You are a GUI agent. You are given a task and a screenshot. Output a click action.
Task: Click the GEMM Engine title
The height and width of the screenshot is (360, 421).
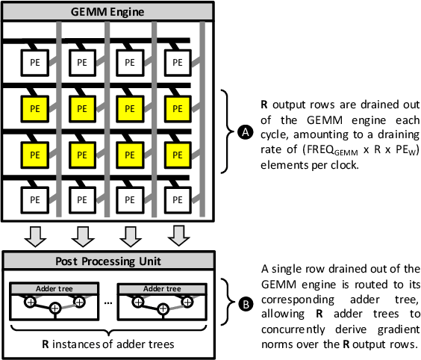108,11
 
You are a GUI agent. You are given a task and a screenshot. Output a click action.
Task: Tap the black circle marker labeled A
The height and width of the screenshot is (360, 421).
243,132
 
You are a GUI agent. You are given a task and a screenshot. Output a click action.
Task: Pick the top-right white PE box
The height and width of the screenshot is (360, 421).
177,63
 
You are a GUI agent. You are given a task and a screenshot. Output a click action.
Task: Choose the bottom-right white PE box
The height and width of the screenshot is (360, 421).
177,201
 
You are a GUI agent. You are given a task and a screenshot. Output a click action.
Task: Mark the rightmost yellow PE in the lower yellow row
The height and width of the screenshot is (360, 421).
177,155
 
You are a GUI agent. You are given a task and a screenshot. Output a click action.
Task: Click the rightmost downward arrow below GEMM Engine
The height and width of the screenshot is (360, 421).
177,235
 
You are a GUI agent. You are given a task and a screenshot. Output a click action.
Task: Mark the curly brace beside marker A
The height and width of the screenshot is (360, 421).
227,132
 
